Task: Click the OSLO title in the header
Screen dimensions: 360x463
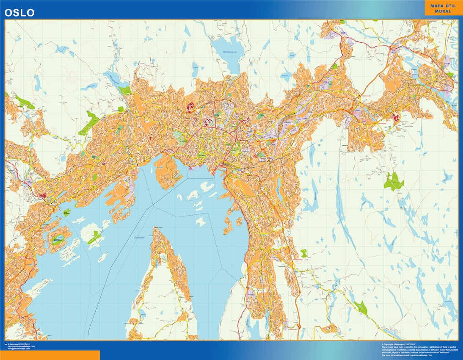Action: pos(19,13)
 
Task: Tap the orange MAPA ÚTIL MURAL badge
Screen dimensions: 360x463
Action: pos(444,8)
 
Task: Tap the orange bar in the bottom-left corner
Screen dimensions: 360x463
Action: pos(50,355)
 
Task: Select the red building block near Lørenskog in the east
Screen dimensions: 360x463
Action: pos(396,117)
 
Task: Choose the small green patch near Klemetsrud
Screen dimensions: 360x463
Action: pos(303,253)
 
